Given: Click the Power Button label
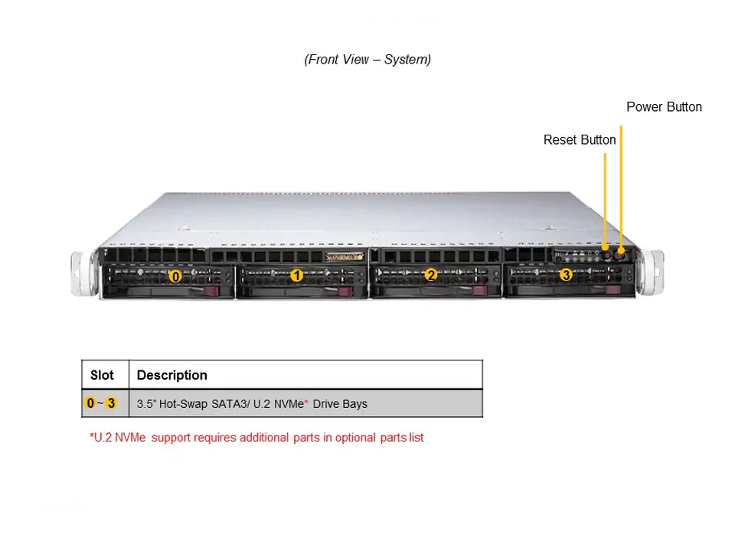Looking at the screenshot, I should tap(664, 107).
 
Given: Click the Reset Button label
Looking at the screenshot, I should tap(580, 140).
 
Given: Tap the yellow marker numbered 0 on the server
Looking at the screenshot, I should tap(175, 276).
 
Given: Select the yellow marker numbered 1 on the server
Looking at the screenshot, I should tap(296, 275).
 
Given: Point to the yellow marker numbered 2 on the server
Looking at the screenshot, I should tap(431, 275).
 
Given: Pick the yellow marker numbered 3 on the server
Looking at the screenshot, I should tap(566, 274).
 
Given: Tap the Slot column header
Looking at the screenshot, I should tap(102, 375).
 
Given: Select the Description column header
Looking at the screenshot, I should tap(172, 375).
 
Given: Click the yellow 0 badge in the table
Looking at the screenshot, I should tap(90, 403).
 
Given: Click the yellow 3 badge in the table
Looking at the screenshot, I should tap(112, 403).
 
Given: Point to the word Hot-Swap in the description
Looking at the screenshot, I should tap(183, 404).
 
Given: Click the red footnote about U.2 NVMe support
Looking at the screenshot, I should tap(256, 438).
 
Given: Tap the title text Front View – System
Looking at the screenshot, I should tap(367, 60).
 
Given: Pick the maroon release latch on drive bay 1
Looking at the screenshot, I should tap(346, 291).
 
